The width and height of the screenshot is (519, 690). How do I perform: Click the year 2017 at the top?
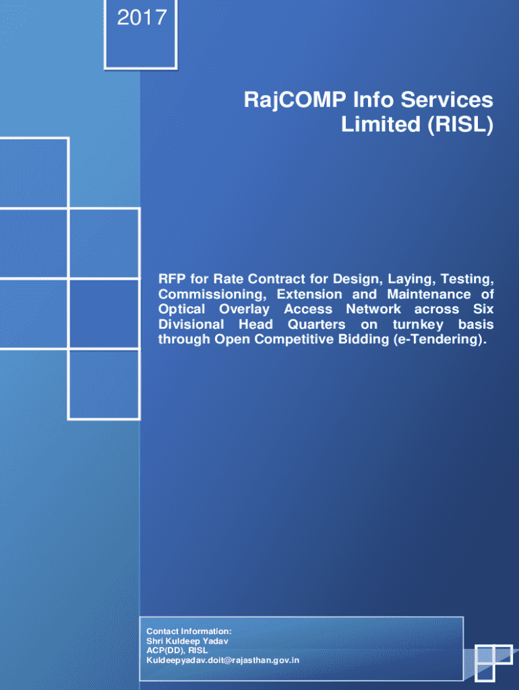click(142, 18)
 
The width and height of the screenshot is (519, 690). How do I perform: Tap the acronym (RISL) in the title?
click(462, 125)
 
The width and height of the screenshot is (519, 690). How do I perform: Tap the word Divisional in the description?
click(191, 324)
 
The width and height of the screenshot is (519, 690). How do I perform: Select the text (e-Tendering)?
click(441, 339)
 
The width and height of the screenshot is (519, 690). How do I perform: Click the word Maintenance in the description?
click(429, 294)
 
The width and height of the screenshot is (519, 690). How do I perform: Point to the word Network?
click(373, 309)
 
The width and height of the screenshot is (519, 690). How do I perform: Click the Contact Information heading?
click(189, 631)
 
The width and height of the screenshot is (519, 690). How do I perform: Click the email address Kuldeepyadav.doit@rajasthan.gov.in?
click(223, 660)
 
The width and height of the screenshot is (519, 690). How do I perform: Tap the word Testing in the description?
click(470, 279)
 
